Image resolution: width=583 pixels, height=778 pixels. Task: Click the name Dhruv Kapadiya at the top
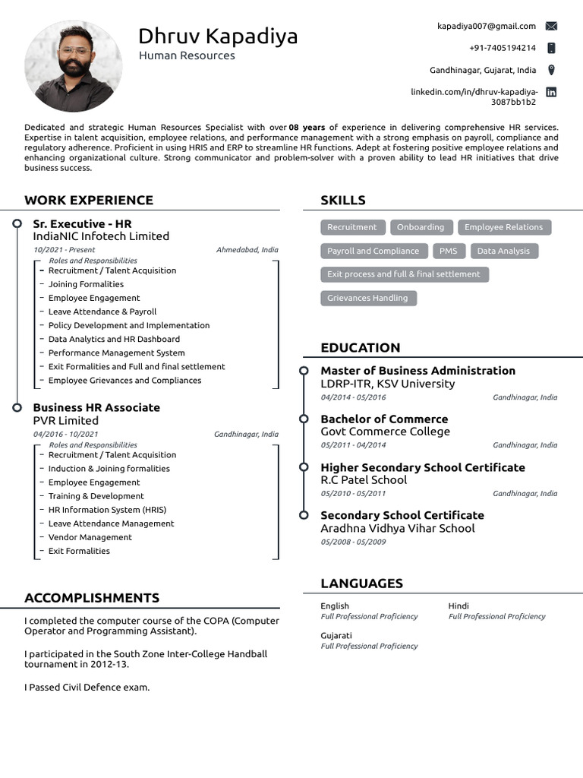tap(218, 36)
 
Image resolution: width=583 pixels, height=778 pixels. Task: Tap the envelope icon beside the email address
tap(551, 26)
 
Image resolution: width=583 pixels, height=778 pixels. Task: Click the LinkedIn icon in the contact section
tap(551, 92)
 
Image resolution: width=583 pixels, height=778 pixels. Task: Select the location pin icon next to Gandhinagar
tap(551, 70)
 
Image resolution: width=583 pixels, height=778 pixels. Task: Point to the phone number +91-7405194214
tap(502, 48)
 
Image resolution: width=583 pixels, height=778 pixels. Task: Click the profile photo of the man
tap(73, 66)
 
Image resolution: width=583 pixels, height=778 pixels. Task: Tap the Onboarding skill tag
tap(421, 227)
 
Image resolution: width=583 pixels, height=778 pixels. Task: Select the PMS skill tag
tap(448, 251)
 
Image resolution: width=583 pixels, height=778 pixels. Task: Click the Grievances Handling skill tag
tap(367, 298)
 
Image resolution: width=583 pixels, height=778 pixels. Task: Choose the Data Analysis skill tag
tap(503, 251)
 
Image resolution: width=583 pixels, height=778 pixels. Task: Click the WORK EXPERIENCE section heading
tap(89, 201)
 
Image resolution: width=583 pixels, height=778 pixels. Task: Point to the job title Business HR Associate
tap(96, 407)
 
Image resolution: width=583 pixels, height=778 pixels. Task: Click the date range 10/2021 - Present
tap(65, 249)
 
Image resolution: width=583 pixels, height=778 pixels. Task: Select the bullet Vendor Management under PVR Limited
tap(90, 537)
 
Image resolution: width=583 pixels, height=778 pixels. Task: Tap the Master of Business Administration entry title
tap(418, 371)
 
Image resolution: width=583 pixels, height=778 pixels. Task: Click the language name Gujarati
tap(336, 635)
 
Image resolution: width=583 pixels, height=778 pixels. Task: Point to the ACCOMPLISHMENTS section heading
tap(92, 598)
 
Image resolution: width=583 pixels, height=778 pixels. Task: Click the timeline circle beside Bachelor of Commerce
tap(304, 419)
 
